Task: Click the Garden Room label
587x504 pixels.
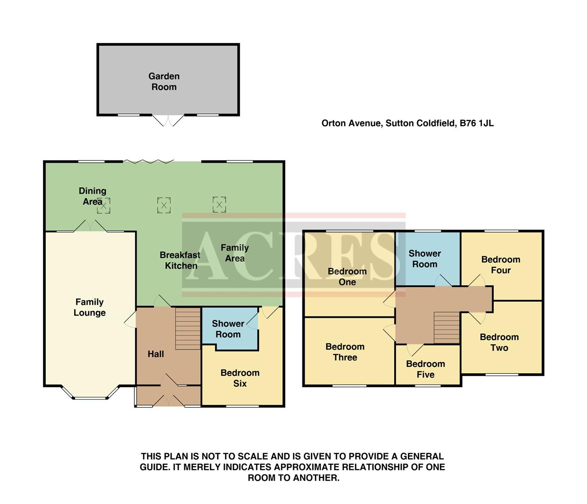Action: pyautogui.click(x=164, y=81)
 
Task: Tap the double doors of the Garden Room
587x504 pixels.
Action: pyautogui.click(x=169, y=120)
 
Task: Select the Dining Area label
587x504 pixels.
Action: pyautogui.click(x=92, y=196)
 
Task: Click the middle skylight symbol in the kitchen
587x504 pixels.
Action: pyautogui.click(x=164, y=205)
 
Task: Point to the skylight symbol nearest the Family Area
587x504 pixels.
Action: pyautogui.click(x=219, y=204)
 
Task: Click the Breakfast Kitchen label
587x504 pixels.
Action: pyautogui.click(x=180, y=260)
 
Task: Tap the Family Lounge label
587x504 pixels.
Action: pyautogui.click(x=90, y=307)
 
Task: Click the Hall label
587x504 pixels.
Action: pyautogui.click(x=155, y=354)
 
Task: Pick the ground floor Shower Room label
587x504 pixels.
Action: pyautogui.click(x=228, y=329)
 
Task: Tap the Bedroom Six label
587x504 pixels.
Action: pyautogui.click(x=240, y=378)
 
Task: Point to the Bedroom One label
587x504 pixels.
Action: pyautogui.click(x=347, y=277)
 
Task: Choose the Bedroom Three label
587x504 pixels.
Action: pyautogui.click(x=345, y=352)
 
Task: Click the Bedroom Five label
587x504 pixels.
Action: pyautogui.click(x=426, y=369)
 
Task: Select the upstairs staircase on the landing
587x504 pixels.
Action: pyautogui.click(x=447, y=327)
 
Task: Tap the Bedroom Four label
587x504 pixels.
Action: pyautogui.click(x=501, y=265)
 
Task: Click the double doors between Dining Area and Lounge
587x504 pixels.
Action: pyautogui.click(x=91, y=226)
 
